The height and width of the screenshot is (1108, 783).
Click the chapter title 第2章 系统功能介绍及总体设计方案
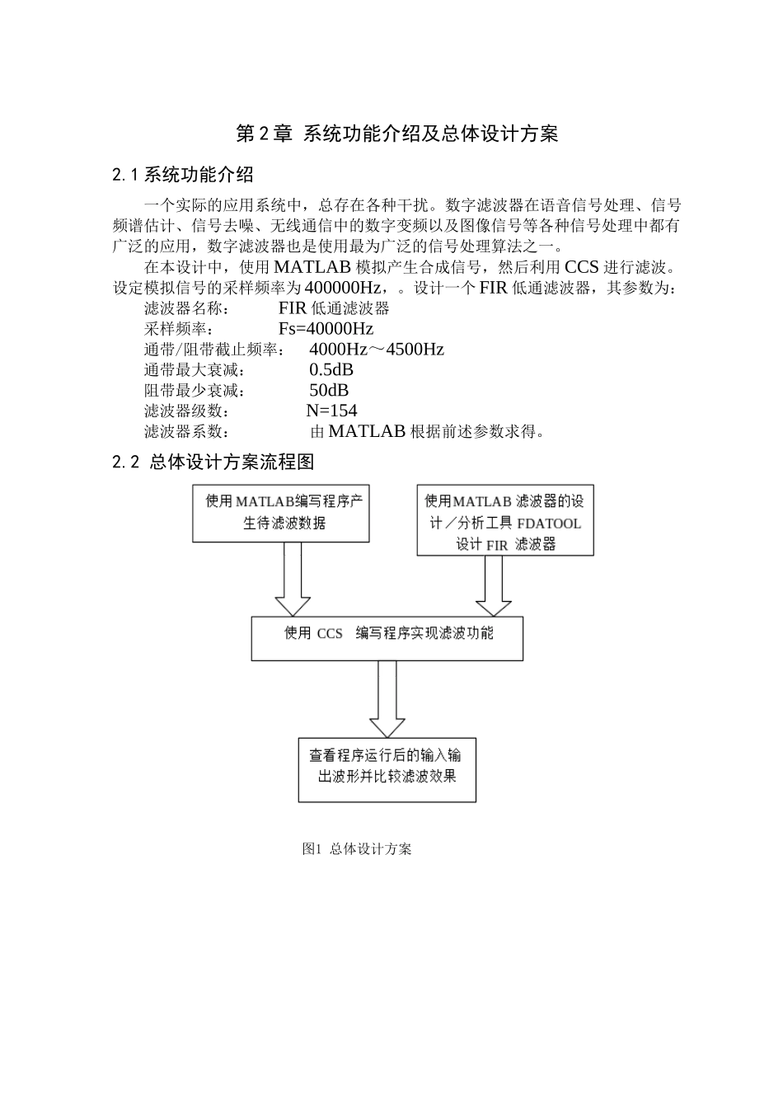(x=397, y=134)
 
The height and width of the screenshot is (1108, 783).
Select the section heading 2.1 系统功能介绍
(x=182, y=175)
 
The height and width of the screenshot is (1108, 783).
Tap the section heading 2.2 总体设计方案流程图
(x=213, y=462)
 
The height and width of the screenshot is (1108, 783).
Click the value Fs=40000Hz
(x=326, y=329)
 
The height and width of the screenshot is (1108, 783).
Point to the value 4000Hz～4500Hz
(x=376, y=350)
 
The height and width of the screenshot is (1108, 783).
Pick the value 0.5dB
(x=331, y=370)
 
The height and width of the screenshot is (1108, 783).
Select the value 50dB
(x=328, y=391)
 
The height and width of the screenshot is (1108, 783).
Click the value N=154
(x=331, y=411)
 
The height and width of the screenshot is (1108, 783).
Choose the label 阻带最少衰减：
(x=194, y=391)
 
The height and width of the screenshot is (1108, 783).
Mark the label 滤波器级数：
(x=187, y=411)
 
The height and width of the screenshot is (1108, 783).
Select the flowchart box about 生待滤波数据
(x=280, y=513)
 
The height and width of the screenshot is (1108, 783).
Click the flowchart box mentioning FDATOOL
(x=505, y=521)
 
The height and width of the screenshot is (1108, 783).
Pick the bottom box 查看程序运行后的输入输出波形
(x=387, y=769)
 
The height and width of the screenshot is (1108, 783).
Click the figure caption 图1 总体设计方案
(x=357, y=849)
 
